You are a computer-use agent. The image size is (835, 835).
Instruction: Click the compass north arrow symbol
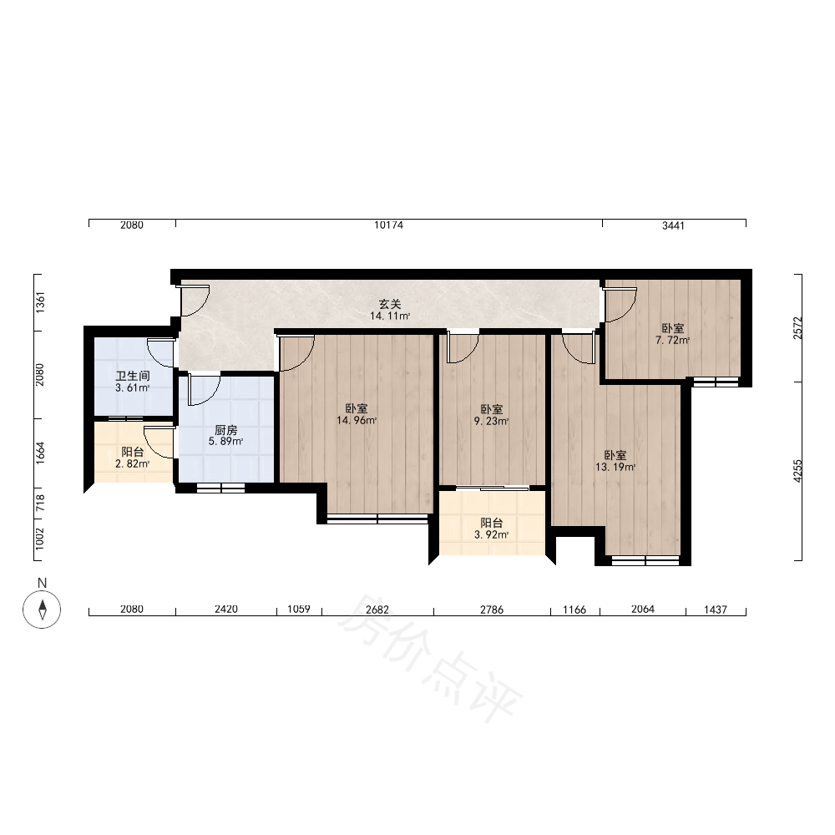click(x=42, y=609)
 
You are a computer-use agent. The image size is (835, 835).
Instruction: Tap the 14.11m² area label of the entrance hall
click(x=390, y=316)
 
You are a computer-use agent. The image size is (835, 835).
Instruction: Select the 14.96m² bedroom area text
click(x=357, y=421)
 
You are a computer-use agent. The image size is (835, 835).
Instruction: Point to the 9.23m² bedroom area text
click(x=492, y=421)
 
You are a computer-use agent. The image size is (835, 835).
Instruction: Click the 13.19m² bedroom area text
click(x=615, y=468)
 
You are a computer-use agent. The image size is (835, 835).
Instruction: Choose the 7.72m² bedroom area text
click(x=672, y=341)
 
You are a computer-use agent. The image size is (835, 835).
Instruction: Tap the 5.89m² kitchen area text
click(x=225, y=442)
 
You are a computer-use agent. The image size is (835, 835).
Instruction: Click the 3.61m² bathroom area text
click(x=133, y=387)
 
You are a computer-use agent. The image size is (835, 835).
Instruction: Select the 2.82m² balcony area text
click(x=133, y=463)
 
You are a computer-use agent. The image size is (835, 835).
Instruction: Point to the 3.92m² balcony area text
click(x=492, y=534)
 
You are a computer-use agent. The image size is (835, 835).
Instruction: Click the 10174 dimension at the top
click(x=389, y=225)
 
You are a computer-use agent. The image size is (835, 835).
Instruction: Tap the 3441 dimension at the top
click(x=673, y=225)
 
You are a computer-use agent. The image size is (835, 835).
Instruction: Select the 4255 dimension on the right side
click(x=797, y=471)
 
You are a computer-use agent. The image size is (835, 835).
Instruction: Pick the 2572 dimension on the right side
click(x=797, y=328)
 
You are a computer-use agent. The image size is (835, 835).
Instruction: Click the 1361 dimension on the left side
click(x=41, y=302)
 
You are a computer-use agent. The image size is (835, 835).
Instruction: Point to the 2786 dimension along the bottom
click(x=492, y=610)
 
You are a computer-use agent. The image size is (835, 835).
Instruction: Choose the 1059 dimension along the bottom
click(x=299, y=609)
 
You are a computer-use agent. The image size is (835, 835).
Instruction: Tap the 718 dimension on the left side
click(x=41, y=504)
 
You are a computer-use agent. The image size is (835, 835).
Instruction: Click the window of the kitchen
click(x=221, y=487)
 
